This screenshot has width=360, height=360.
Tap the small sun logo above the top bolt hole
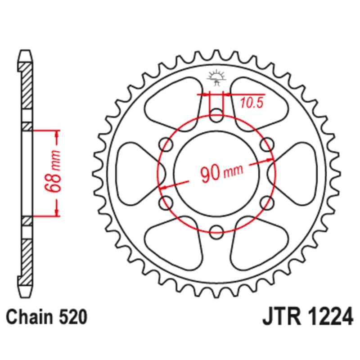pyautogui.click(x=216, y=77)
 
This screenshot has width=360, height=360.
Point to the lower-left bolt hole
pyautogui.click(x=166, y=201)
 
